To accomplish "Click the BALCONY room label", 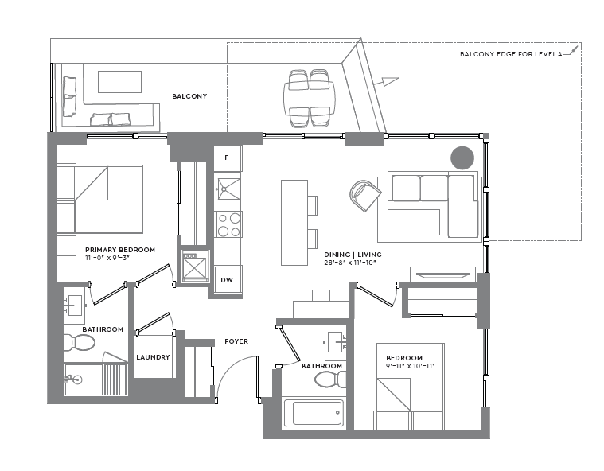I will click(x=189, y=96).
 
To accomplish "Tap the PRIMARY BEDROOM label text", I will click(x=120, y=249).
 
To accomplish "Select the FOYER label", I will click(x=236, y=341).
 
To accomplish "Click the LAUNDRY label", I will click(x=153, y=357).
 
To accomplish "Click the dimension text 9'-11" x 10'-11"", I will click(x=410, y=367).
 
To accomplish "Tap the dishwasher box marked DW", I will click(x=228, y=280).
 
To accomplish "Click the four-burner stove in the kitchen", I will click(x=228, y=224).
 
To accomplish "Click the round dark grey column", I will click(x=462, y=158).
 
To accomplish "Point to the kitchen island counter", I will click(x=294, y=223).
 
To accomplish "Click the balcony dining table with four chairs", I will click(x=310, y=98).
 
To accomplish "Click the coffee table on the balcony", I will click(x=119, y=82).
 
